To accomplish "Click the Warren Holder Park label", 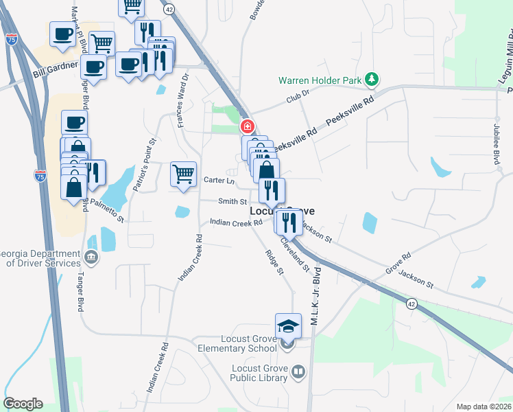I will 320,80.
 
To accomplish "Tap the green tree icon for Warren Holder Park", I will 372,80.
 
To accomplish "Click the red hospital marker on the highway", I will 248,126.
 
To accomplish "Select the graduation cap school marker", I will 289,325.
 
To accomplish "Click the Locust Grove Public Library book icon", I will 298,372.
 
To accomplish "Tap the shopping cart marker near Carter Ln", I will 183,173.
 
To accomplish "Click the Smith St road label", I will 232,202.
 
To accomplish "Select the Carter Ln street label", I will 219,180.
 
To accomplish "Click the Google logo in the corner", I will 23,404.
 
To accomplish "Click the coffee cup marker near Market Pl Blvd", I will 62,34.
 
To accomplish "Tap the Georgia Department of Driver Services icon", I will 91,257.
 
